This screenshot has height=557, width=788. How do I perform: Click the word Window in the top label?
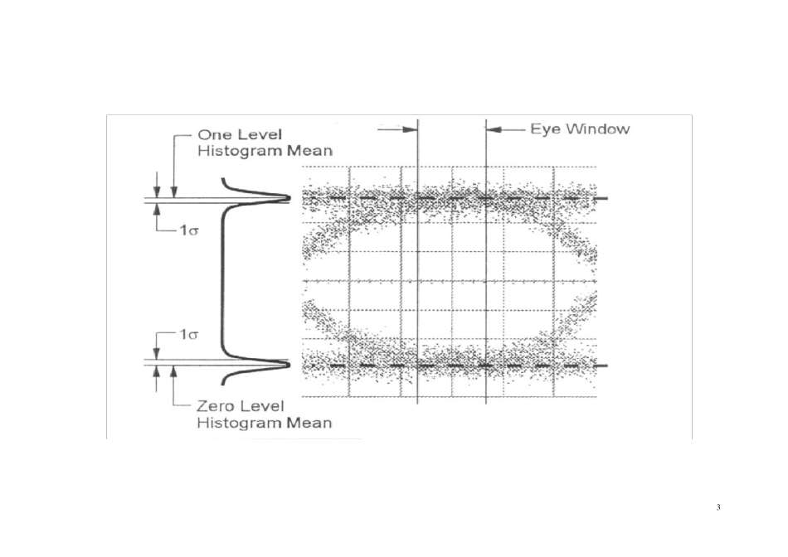click(x=597, y=129)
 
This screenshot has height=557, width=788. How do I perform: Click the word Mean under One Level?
click(x=309, y=151)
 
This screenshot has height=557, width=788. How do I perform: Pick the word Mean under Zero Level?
click(x=309, y=423)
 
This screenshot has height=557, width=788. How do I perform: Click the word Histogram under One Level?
click(x=241, y=151)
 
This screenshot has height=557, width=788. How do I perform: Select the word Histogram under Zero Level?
click(x=240, y=423)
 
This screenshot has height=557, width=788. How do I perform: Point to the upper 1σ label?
click(x=189, y=230)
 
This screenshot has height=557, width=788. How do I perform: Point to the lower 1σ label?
click(x=189, y=334)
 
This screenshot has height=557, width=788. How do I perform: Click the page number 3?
click(x=718, y=507)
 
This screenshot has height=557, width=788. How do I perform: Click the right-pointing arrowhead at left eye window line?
click(x=410, y=129)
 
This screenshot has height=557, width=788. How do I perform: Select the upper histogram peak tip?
click(x=290, y=198)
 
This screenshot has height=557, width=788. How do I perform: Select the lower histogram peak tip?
click(x=290, y=364)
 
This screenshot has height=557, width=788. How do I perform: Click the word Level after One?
click(x=260, y=134)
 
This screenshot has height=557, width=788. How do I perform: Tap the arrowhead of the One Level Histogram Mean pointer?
click(x=174, y=192)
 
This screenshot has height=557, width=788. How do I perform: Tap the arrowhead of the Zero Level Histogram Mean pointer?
click(x=174, y=372)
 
